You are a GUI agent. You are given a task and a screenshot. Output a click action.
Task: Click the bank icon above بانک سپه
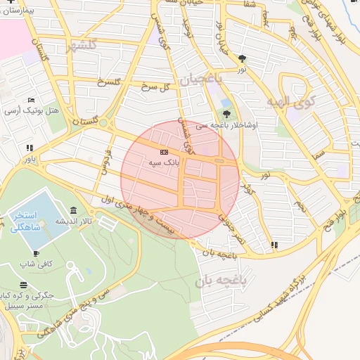click(164, 152)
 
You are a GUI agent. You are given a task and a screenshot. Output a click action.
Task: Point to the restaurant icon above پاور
click(30, 148)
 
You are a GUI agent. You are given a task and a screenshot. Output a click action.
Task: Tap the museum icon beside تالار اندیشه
click(74, 210)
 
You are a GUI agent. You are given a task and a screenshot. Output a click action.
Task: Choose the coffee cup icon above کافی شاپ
click(36, 253)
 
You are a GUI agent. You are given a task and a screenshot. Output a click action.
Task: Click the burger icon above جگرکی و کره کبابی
click(24, 285)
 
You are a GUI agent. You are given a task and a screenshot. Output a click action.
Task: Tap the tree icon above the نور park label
click(243, 58)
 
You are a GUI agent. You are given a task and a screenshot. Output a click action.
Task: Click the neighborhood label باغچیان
click(200, 79)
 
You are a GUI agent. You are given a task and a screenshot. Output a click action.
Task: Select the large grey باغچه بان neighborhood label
click(223, 281)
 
